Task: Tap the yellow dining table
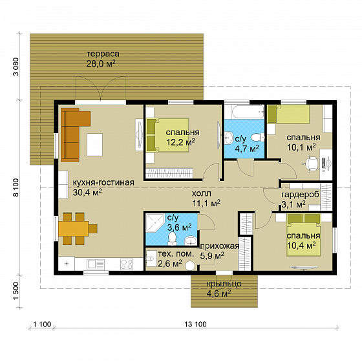coord(73,229)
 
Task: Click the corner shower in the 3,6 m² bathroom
coord(155,223)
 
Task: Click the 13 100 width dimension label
coord(195,325)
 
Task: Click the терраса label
coord(103,54)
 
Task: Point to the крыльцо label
coord(224,284)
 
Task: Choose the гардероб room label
coord(300,195)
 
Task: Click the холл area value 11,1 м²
coord(206,203)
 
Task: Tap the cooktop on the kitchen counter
coord(127,264)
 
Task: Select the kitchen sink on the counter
coord(96,264)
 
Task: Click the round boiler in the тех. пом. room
coord(190,266)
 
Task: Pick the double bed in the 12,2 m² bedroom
coord(167,135)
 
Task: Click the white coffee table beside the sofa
coord(94,145)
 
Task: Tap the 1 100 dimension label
coord(42,325)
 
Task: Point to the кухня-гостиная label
coord(103,182)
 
